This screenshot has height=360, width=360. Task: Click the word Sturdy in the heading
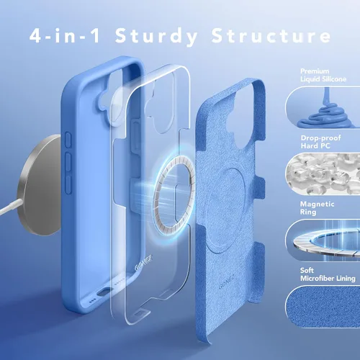tap(156, 37)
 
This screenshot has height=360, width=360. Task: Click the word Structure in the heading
tap(271, 35)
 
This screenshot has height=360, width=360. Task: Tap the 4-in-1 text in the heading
tap(65, 35)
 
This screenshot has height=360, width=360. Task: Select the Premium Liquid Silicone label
tap(323, 75)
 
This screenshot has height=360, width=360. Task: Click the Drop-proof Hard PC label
tap(320, 142)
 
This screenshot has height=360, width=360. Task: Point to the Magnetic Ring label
tap(317, 208)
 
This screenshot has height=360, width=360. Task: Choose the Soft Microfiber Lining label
tap(328, 274)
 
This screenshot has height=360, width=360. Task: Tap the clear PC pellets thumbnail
tap(323, 174)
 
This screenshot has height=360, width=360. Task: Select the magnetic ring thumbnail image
tap(323, 240)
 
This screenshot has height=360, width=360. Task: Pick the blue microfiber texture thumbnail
tap(323, 307)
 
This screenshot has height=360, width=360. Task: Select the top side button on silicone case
tap(68, 139)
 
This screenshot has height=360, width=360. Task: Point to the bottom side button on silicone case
tap(68, 184)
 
